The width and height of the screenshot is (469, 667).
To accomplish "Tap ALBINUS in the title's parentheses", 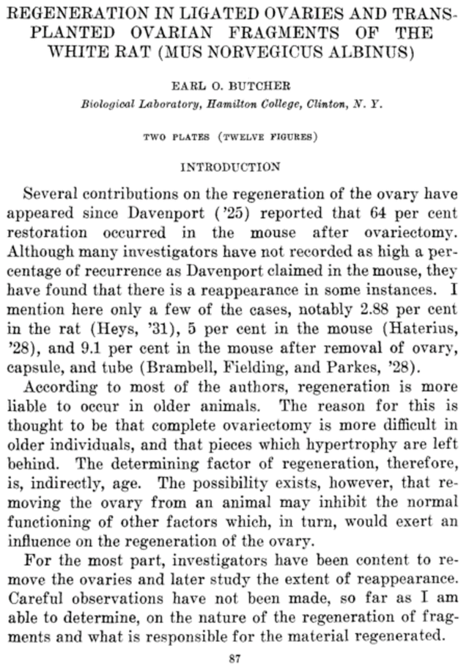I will coord(377,52).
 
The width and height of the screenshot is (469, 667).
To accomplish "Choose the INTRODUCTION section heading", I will coord(230,167).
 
